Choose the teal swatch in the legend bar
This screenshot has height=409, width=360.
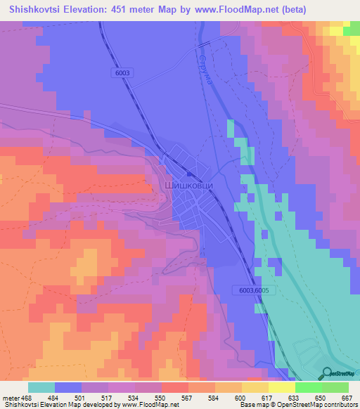pyautogui.click(x=41, y=387)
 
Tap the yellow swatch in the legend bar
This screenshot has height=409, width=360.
pyautogui.click(x=282, y=387)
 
